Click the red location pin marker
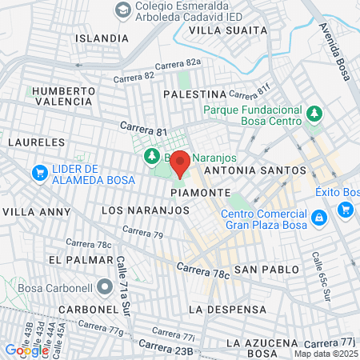[180, 162]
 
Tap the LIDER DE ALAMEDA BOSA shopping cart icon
[38, 172]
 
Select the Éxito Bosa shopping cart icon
[346, 210]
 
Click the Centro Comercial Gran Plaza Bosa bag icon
[318, 218]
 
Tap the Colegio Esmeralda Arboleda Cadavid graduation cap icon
[122, 9]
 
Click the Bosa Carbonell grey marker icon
[105, 286]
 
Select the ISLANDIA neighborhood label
[102, 38]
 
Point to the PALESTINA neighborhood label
[195, 94]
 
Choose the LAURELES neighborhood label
[35, 142]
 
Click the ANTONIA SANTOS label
[254, 170]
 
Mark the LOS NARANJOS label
[146, 210]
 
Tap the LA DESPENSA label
[226, 309]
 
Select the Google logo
[27, 350]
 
